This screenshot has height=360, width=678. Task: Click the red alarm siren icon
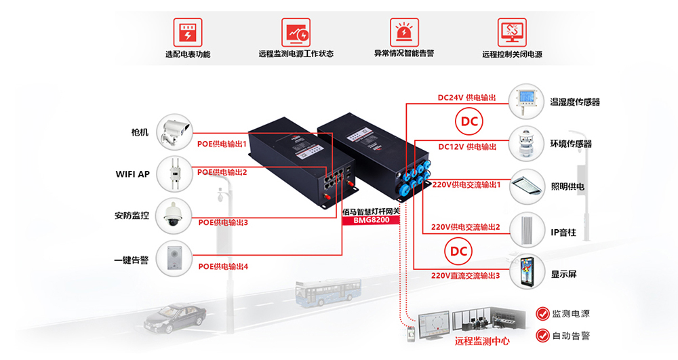(x=404, y=32)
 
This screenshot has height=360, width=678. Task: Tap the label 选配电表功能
(x=188, y=54)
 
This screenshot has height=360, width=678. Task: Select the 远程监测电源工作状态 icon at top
(x=296, y=32)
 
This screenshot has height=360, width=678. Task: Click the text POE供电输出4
(x=222, y=266)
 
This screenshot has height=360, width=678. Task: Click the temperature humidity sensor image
(x=527, y=101)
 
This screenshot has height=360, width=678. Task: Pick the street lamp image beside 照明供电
(x=527, y=186)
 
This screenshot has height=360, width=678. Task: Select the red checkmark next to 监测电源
(x=542, y=314)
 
